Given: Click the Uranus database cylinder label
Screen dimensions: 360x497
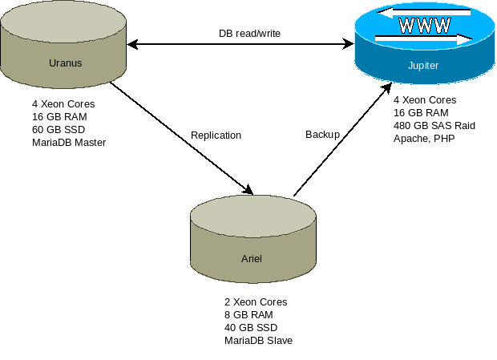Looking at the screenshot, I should [x=65, y=62].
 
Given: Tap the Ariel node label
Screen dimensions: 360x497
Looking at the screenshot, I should [x=252, y=259].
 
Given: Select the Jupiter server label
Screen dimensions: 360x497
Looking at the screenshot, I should [x=422, y=66].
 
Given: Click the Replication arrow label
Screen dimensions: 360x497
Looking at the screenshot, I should [x=216, y=136].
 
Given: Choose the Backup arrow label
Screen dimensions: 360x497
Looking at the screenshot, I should [x=322, y=135].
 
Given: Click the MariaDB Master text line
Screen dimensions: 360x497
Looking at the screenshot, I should [x=69, y=142].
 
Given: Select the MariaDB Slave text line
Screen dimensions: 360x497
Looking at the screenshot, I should [x=258, y=341].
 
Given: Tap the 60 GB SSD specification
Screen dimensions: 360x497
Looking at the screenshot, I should [x=59, y=129].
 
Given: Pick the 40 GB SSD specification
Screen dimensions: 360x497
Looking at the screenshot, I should [x=251, y=328].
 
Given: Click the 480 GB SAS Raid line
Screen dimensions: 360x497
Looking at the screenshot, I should [x=434, y=126].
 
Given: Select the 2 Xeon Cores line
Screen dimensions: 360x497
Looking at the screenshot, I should [x=256, y=302].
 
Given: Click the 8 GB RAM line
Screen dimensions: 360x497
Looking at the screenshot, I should [x=248, y=315].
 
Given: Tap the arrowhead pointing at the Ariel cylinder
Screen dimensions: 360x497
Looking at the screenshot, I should [x=248, y=190].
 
